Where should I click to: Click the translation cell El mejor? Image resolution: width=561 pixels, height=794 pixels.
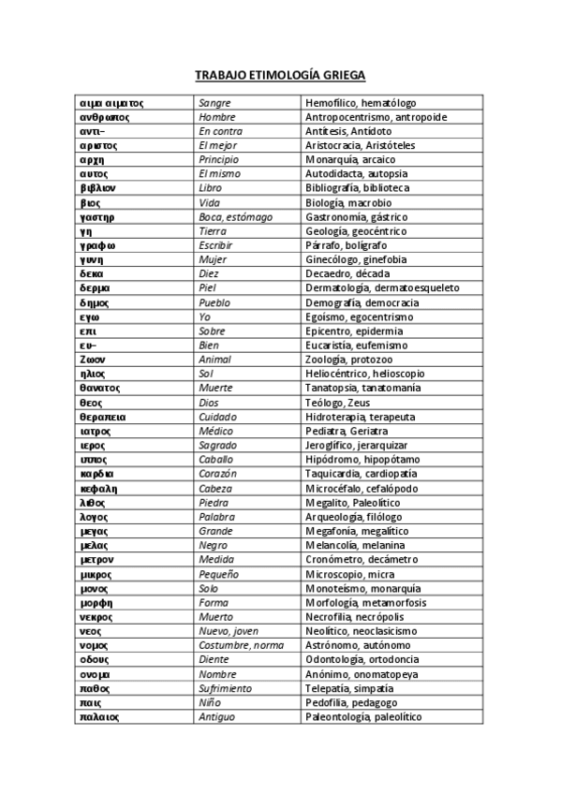(215, 146)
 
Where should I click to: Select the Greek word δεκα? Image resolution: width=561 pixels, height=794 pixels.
(91, 274)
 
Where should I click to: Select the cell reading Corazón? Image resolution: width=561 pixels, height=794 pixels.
(218, 474)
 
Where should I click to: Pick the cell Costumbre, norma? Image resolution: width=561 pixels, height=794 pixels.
(241, 646)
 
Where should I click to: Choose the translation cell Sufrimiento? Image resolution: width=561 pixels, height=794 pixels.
(226, 688)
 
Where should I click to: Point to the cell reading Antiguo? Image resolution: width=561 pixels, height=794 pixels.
(217, 717)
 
